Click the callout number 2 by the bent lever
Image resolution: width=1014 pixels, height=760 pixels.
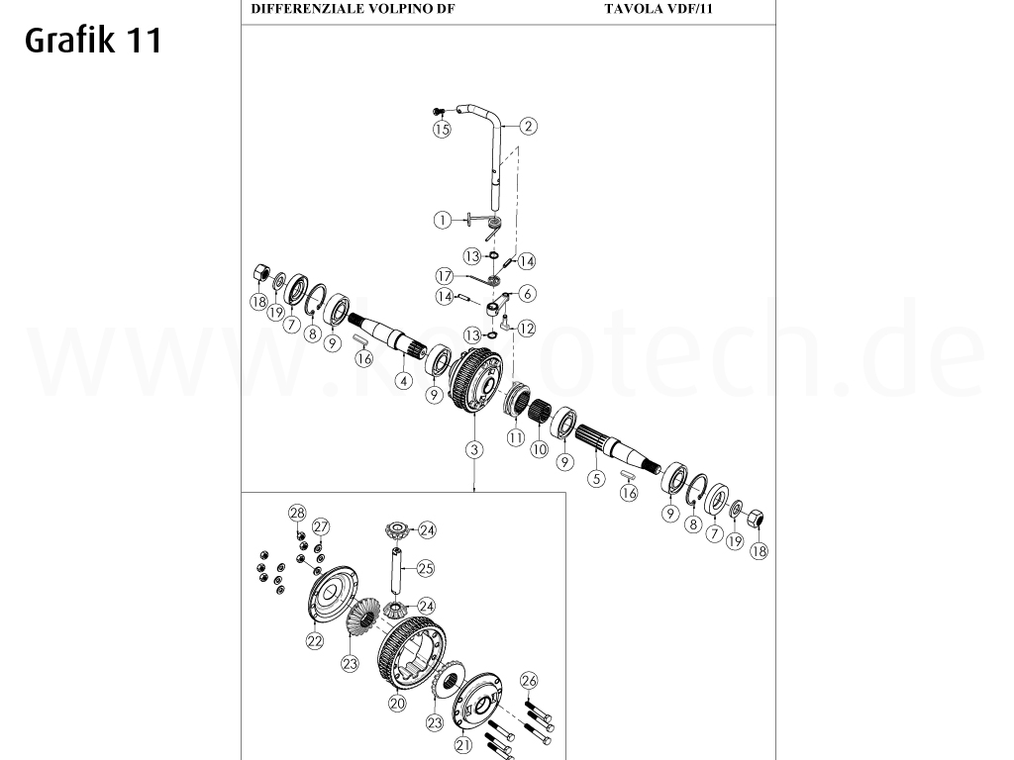pos(529,126)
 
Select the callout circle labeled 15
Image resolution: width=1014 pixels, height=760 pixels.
pos(442,129)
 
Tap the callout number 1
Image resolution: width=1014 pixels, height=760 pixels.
pos(443,219)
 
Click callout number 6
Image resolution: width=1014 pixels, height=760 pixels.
pos(527,293)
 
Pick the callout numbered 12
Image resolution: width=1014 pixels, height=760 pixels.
pos(527,328)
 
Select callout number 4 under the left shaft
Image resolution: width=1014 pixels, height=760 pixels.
pos(403,380)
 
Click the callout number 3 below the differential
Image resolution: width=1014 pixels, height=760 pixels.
pos(475,449)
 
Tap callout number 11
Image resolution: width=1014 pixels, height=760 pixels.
pos(515,436)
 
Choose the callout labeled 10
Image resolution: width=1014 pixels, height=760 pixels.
pos(540,448)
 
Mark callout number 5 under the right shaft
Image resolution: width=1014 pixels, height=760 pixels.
pos(596,479)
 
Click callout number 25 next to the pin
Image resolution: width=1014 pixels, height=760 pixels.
pos(426,568)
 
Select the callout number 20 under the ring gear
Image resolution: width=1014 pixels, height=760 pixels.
pos(397,703)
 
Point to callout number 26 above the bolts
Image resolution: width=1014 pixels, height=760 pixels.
pos(529,680)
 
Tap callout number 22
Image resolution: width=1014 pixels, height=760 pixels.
pos(314,640)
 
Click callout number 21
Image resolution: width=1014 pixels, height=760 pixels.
pos(462,745)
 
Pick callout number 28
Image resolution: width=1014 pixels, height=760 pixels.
pos(297,512)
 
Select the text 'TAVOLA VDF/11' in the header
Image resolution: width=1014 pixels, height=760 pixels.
pos(658,10)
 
